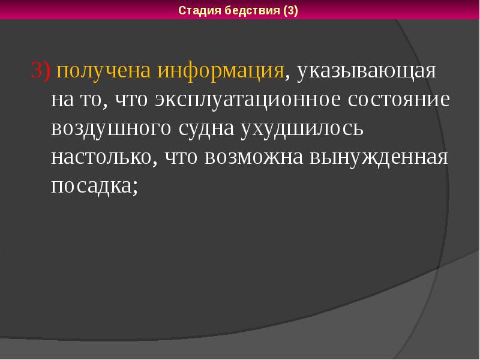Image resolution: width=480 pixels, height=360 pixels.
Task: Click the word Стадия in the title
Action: (x=199, y=11)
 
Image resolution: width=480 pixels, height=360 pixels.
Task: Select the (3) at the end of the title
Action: (x=287, y=11)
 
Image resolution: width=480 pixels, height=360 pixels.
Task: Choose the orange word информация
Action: (x=221, y=71)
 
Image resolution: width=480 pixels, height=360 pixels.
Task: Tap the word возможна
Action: (x=256, y=158)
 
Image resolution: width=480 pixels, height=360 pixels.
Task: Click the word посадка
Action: (x=90, y=187)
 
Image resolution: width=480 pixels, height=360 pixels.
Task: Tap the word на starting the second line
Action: (x=62, y=100)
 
